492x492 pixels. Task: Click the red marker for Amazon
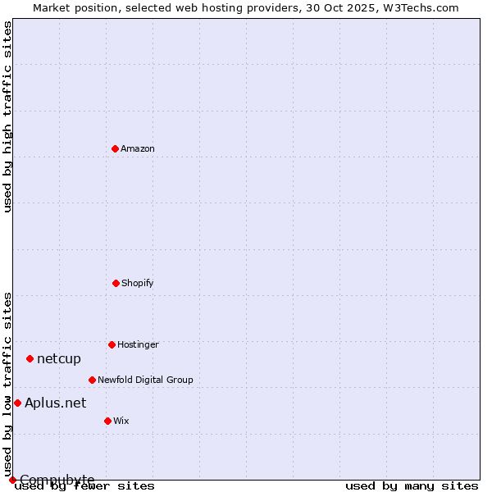115,148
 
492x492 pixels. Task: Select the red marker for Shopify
116,283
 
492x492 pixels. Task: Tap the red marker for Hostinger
112,344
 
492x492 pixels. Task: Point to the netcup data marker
30,358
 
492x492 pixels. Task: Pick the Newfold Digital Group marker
92,380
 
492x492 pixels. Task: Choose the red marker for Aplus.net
17,403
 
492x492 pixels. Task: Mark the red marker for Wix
107,421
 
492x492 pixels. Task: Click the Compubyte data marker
12,480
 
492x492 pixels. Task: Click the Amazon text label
138,148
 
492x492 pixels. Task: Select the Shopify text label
138,283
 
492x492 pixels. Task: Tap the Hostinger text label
138,344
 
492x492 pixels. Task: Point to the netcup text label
59,358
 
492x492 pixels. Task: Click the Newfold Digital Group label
145,380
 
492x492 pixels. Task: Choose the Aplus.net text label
55,403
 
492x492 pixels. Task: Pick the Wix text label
121,421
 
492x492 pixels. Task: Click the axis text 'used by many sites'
412,485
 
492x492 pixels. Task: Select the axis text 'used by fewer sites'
85,485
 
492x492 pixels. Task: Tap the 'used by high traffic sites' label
8,116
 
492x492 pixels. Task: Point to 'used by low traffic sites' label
8,384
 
